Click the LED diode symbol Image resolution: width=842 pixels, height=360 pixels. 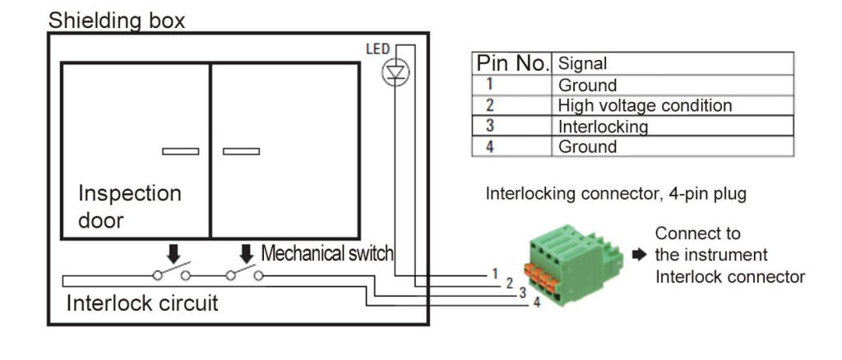pyautogui.click(x=396, y=73)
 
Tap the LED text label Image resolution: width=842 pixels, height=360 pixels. pyautogui.click(x=378, y=49)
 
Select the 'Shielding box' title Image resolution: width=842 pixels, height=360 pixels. pyautogui.click(x=117, y=20)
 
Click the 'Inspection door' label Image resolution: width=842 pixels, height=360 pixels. pyautogui.click(x=129, y=206)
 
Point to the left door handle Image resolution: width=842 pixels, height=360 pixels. pyautogui.click(x=180, y=151)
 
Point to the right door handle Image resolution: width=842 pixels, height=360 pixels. pyautogui.click(x=241, y=151)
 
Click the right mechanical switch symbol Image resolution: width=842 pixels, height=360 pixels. pyautogui.click(x=244, y=273)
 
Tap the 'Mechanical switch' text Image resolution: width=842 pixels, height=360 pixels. pyautogui.click(x=327, y=253)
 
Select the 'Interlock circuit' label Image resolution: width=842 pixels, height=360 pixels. pyautogui.click(x=142, y=303)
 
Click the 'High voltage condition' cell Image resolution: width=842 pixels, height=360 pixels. pyautogui.click(x=645, y=105)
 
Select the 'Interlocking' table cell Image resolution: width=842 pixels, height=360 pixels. pyautogui.click(x=603, y=127)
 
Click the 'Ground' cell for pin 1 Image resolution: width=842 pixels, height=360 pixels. pyautogui.click(x=587, y=85)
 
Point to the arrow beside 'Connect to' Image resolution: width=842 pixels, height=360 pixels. pyautogui.click(x=641, y=255)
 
